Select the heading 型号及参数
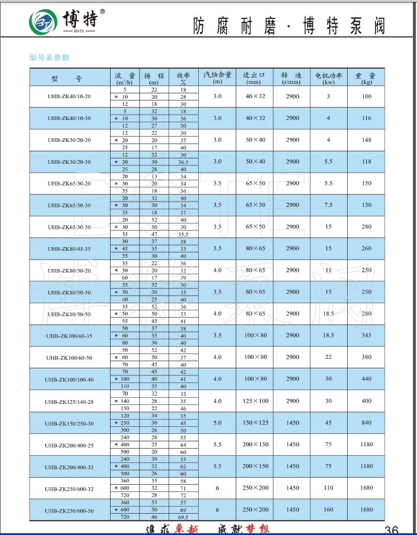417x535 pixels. click(x=50, y=57)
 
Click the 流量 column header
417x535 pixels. click(x=125, y=77)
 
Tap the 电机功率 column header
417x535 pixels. click(x=328, y=77)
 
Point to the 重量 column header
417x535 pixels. click(x=366, y=77)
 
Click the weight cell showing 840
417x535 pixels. click(x=367, y=423)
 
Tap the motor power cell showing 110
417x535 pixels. click(x=328, y=488)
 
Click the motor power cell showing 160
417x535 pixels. click(x=328, y=510)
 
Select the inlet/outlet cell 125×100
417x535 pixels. click(x=256, y=401)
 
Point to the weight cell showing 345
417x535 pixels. click(x=367, y=335)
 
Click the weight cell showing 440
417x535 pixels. click(x=367, y=379)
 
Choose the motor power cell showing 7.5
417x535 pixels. click(x=328, y=205)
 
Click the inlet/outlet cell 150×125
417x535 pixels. click(x=256, y=423)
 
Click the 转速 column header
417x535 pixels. click(x=291, y=77)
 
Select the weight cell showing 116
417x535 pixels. click(x=367, y=118)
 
